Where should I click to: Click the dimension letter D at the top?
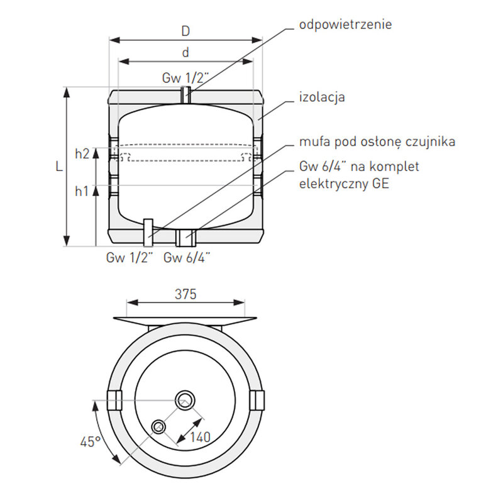tap(185, 31)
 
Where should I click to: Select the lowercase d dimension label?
tap(185, 53)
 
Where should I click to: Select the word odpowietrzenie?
tap(346, 25)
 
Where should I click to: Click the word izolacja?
tap(322, 97)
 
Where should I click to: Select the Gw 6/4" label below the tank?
tap(187, 257)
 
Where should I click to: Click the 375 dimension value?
tap(185, 294)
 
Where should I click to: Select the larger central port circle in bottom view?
tap(185, 399)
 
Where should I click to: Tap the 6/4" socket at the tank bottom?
tap(186, 238)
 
